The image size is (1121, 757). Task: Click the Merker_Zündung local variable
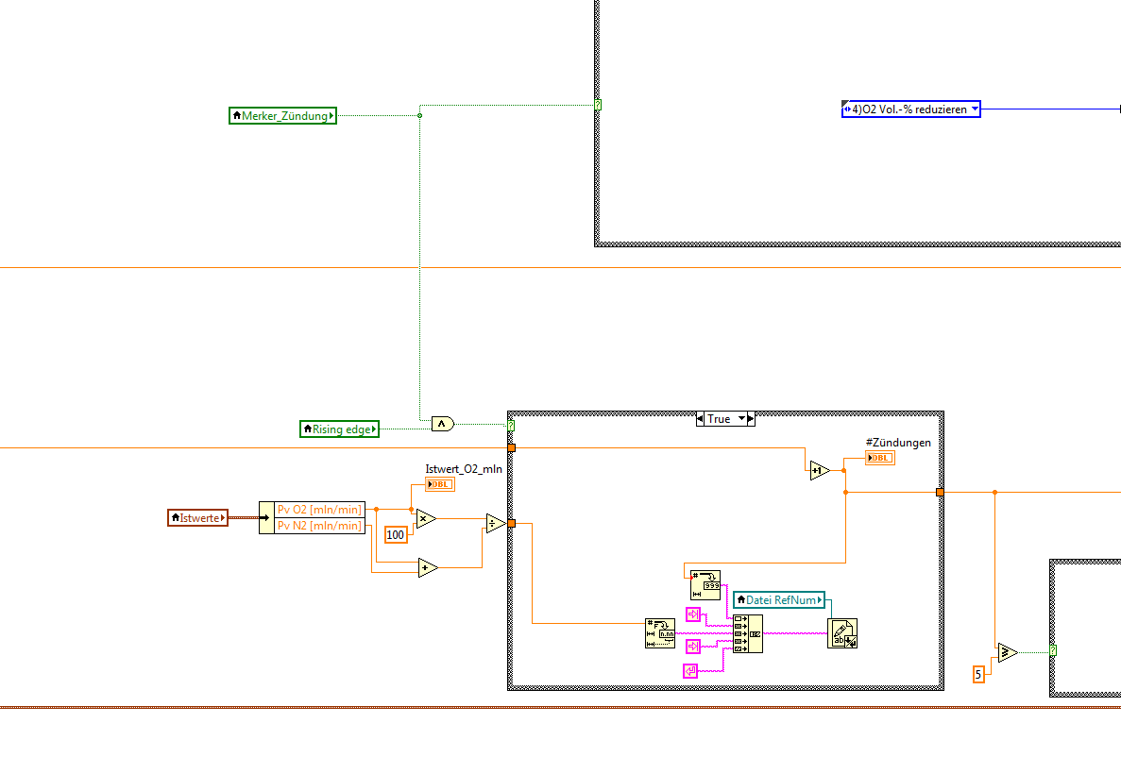point(282,116)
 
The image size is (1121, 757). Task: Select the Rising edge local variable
point(339,429)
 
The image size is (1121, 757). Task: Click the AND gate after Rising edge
point(442,424)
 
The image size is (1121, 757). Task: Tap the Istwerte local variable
point(197,517)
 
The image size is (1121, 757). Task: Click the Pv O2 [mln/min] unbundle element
point(318,510)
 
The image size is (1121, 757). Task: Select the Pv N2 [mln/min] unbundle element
point(318,526)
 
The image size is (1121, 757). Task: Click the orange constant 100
point(396,535)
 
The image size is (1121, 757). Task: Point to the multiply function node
point(426,518)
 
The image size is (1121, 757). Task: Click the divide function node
point(495,524)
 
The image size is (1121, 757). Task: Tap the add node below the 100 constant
point(428,567)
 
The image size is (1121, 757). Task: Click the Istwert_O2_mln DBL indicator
point(439,484)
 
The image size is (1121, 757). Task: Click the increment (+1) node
point(818,470)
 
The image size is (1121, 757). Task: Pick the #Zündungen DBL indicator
point(879,459)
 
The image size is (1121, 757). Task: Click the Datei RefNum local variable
point(779,599)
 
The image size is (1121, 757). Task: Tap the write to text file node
point(841,633)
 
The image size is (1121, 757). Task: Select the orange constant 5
point(978,674)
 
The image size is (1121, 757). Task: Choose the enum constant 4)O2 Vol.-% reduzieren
point(910,109)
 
